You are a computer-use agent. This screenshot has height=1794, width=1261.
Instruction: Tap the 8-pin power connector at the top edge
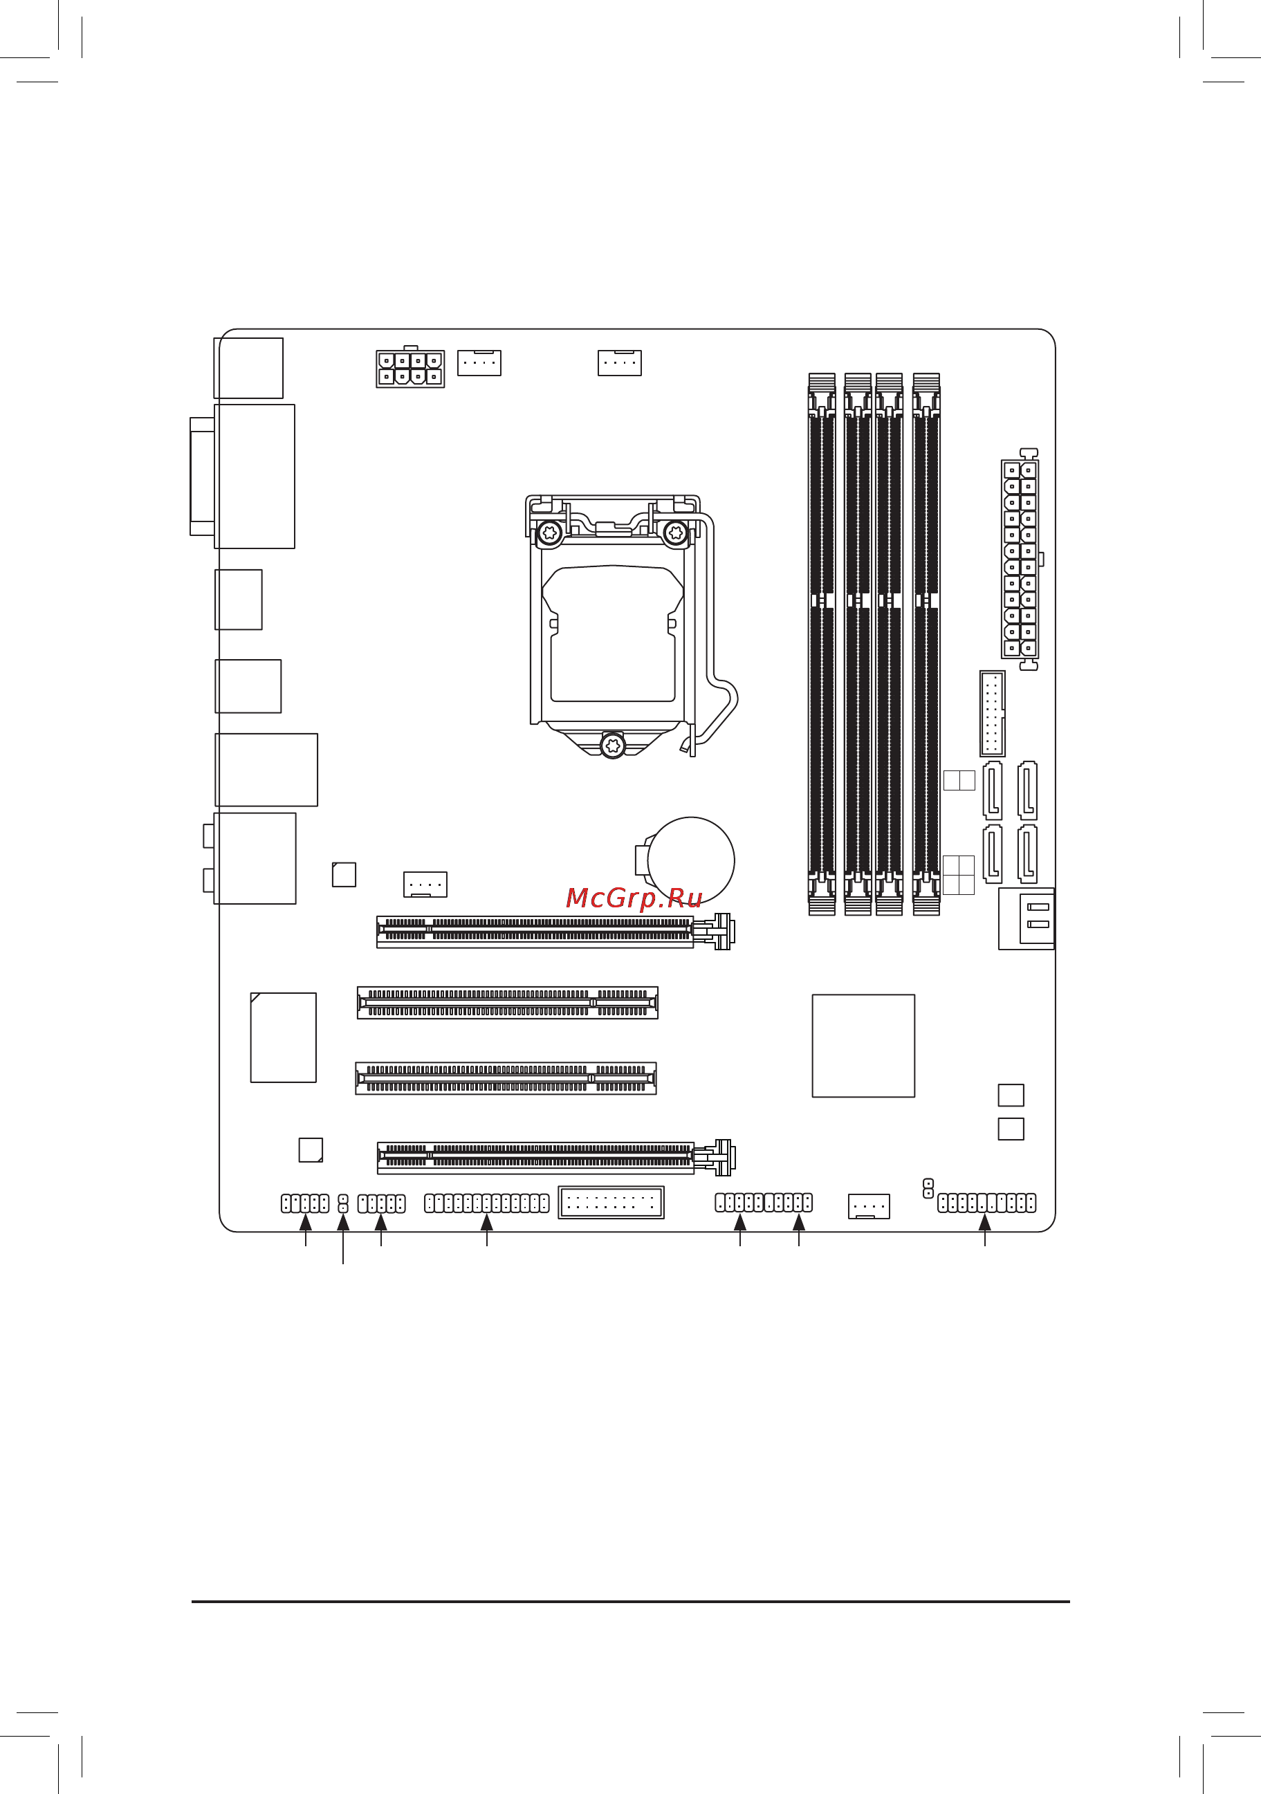tap(410, 369)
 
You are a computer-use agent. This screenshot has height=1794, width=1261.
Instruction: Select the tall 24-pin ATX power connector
tap(1020, 560)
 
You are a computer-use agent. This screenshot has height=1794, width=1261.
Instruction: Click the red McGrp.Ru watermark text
tap(634, 898)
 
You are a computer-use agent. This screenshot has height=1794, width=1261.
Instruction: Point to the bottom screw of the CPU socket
tap(614, 746)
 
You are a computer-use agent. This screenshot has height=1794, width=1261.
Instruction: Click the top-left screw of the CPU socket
tap(550, 534)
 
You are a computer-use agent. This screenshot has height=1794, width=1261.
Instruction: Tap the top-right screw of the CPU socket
tap(675, 534)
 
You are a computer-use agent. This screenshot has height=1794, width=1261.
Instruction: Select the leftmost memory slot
tap(821, 644)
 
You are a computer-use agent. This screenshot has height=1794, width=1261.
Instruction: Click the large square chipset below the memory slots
tap(863, 1046)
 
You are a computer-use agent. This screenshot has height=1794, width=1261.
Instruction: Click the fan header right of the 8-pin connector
tap(479, 363)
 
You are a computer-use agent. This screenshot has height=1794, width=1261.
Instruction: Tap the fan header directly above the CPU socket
tap(620, 363)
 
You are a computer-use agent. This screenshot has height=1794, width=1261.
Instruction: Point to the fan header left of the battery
tap(425, 885)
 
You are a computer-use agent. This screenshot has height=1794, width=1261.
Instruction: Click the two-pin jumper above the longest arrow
tap(343, 1204)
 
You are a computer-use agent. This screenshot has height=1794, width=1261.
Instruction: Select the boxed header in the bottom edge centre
tap(611, 1203)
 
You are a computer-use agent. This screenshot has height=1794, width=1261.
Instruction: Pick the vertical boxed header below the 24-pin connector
tap(992, 713)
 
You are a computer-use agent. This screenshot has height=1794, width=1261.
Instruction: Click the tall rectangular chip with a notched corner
tap(283, 1037)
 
